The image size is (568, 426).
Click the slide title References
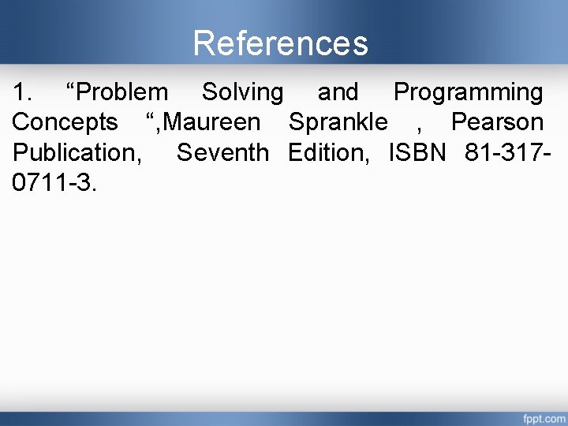280,43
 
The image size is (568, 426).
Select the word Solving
242,92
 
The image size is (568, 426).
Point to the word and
338,92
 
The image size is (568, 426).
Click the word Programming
468,92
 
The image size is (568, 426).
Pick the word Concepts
65,122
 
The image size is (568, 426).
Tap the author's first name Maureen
213,122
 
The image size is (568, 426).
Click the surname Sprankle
338,122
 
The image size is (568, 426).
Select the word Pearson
497,122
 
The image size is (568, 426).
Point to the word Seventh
222,151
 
